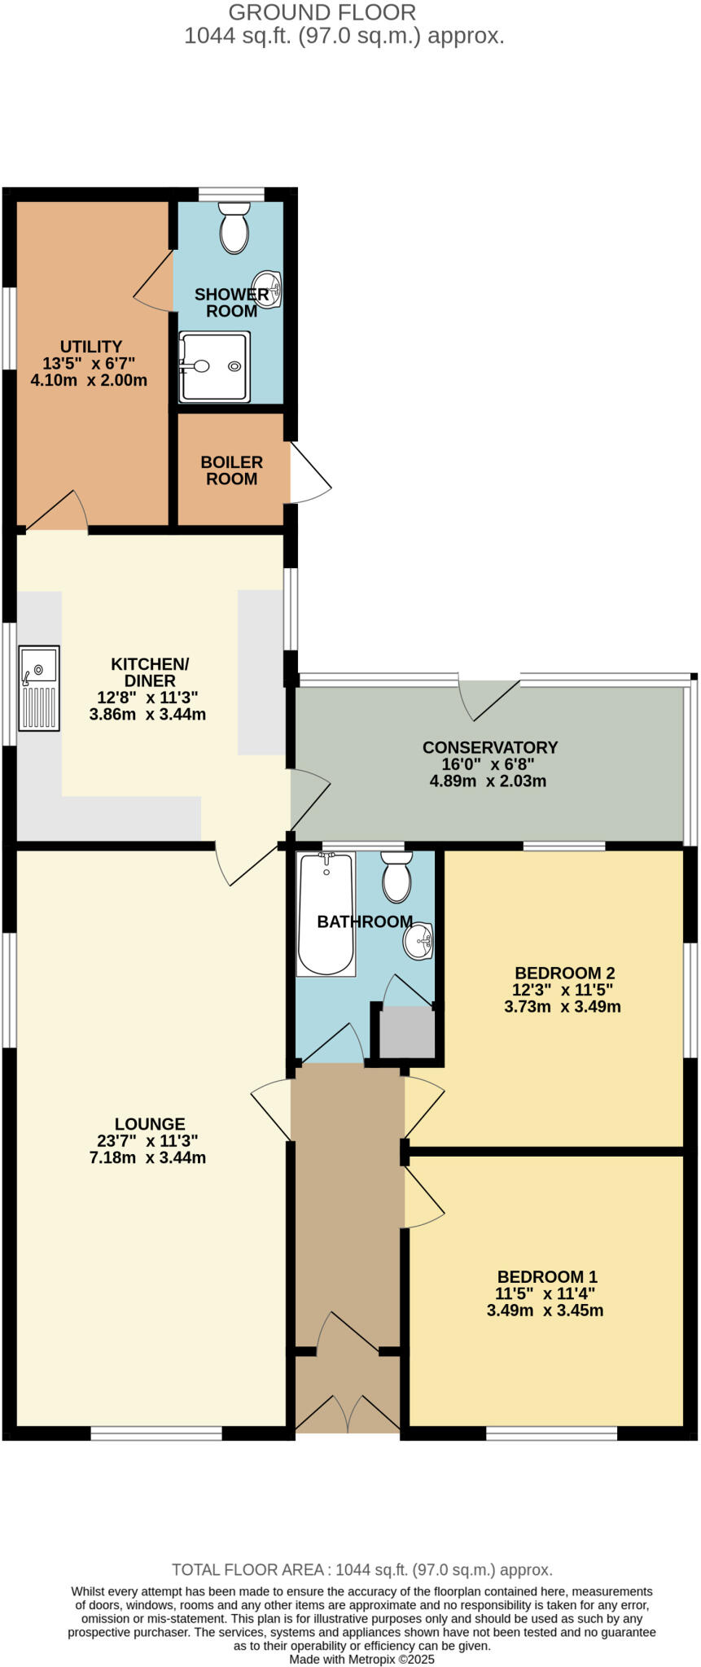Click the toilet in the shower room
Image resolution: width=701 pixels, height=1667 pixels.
[234, 228]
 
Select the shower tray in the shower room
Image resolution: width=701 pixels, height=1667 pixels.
[214, 366]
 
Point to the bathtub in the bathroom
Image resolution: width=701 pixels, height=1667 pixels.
[326, 913]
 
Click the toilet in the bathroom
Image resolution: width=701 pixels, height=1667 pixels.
[397, 877]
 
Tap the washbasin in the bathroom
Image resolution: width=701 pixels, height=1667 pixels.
[418, 943]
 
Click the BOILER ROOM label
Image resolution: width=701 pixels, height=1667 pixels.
[232, 470]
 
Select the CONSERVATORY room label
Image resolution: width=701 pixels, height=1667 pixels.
[490, 747]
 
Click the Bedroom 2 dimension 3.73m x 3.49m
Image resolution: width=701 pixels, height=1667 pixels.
[563, 1007]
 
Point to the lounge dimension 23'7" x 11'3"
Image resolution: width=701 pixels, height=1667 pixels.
[147, 1140]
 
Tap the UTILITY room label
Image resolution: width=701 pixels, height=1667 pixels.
[91, 347]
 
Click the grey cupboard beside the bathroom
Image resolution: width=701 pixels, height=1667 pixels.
[407, 1032]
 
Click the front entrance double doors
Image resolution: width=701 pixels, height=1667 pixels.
[348, 1415]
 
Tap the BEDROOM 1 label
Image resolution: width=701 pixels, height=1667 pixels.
[547, 1276]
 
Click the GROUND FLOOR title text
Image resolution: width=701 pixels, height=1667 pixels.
[322, 12]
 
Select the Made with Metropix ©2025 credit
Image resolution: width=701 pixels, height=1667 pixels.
[362, 1659]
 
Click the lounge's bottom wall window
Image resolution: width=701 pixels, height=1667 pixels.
[156, 1434]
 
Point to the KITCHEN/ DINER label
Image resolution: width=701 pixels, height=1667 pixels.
[150, 672]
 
